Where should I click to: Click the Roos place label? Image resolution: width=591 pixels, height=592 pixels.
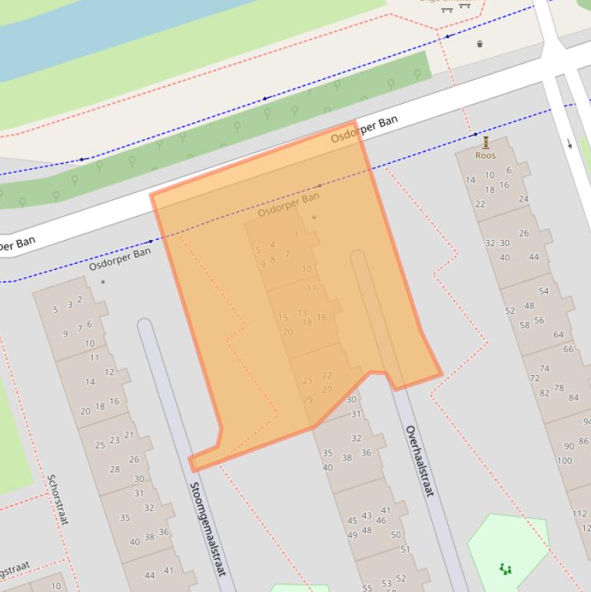click(485, 155)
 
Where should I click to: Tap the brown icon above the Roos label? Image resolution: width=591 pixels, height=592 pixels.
click(486, 142)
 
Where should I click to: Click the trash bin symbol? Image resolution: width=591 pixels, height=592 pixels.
click(480, 44)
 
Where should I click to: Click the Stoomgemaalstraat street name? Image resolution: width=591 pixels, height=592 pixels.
click(208, 528)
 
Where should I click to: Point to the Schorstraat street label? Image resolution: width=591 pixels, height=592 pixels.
click(58, 499)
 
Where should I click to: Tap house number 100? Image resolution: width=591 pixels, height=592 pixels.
click(564, 461)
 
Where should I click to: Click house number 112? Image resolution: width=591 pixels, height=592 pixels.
click(579, 514)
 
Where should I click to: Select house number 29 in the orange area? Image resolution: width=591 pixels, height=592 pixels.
click(307, 399)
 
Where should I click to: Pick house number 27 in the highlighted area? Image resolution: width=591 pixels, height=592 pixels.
click(327, 389)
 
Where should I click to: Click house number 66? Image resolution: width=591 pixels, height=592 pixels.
click(569, 348)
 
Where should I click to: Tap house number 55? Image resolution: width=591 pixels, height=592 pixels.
click(367, 587)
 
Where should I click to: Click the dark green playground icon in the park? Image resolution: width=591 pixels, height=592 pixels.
click(505, 569)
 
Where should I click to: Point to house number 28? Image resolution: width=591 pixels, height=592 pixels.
click(115, 469)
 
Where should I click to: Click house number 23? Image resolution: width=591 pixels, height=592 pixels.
click(115, 440)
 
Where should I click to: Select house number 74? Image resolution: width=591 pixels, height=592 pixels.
click(544, 368)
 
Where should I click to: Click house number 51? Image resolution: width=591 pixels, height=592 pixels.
click(405, 550)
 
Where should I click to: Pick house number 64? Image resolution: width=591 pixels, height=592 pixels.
click(559, 334)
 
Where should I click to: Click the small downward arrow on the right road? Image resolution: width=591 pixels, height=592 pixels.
click(569, 143)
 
